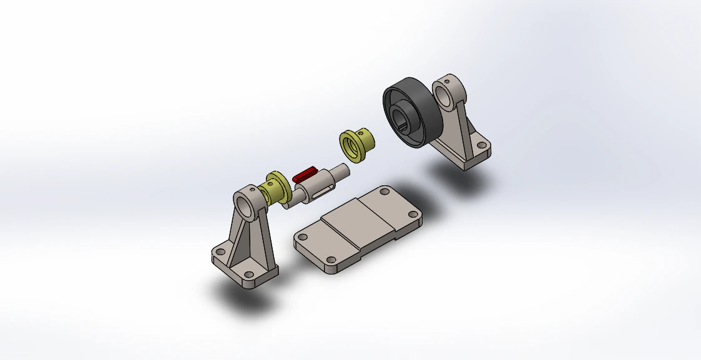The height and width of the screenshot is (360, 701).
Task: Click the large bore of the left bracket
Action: [247, 207]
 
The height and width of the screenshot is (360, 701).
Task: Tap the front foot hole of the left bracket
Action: [248, 275]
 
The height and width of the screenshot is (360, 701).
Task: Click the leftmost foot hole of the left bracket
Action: [219, 252]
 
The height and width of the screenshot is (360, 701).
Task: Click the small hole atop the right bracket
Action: [448, 79]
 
